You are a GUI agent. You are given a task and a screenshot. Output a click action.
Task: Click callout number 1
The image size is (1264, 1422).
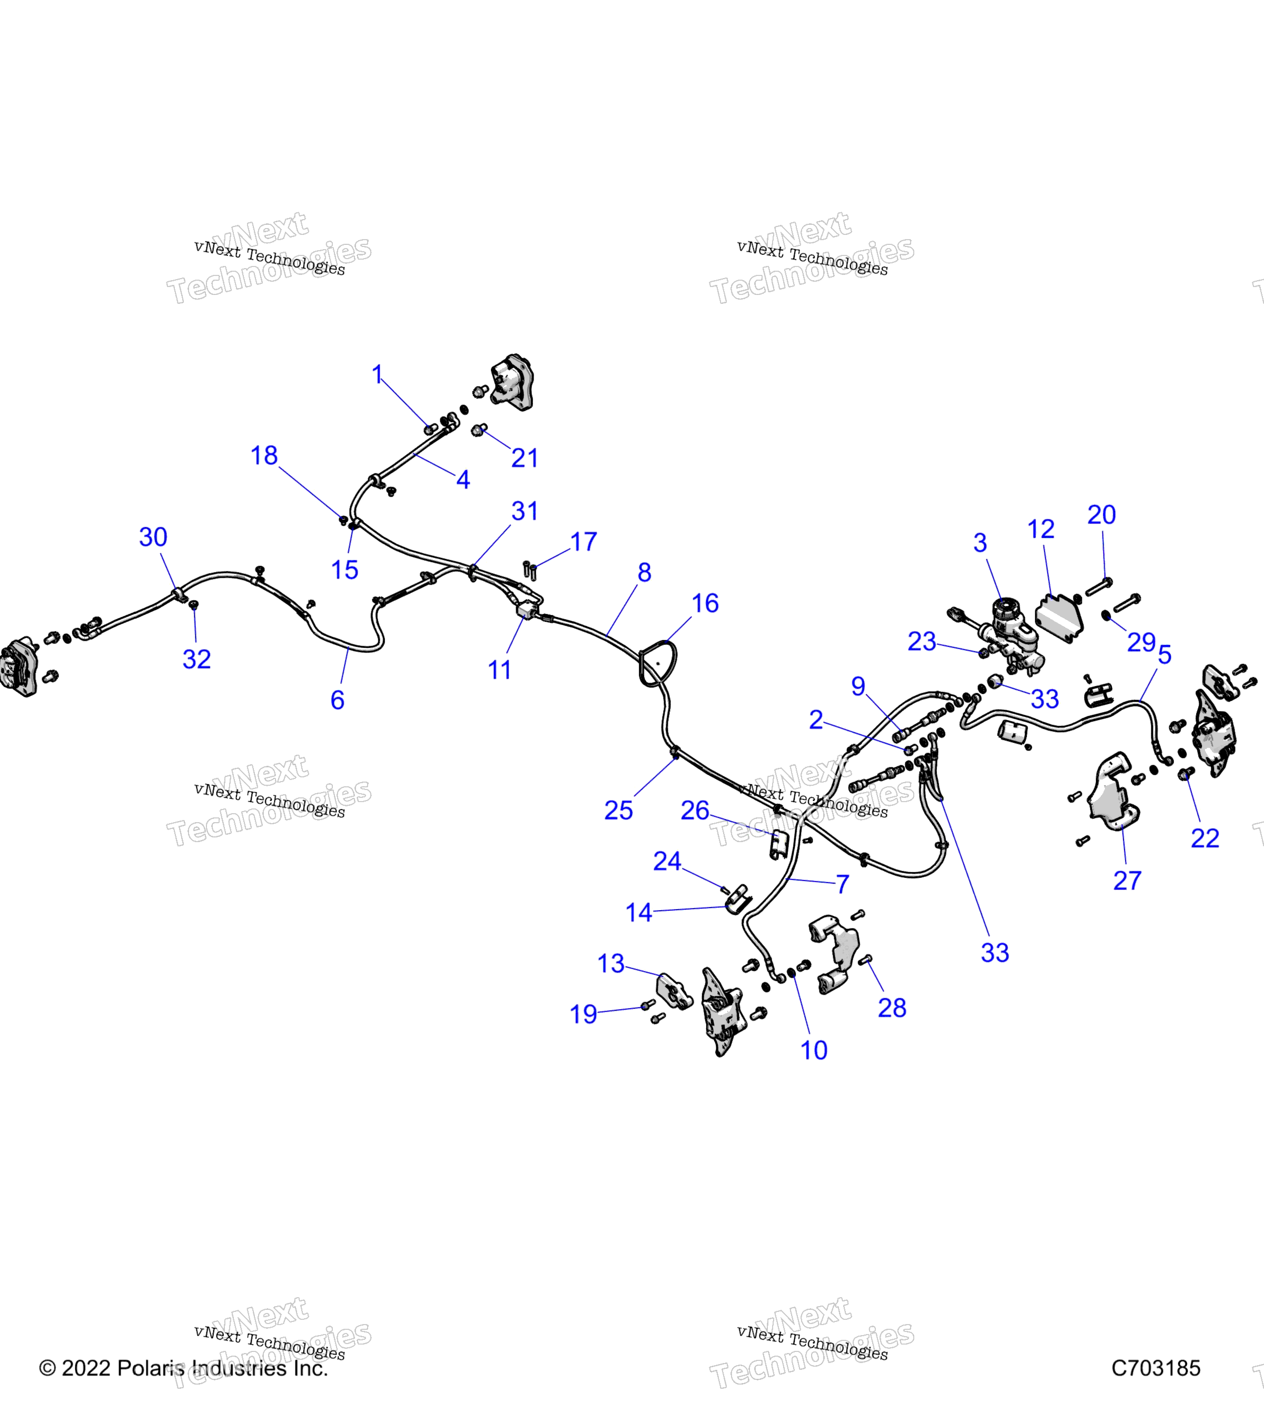[x=377, y=375]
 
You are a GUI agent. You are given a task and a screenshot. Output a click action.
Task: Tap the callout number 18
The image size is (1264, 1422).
[x=264, y=456]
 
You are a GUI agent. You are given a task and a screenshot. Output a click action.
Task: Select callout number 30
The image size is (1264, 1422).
[x=153, y=537]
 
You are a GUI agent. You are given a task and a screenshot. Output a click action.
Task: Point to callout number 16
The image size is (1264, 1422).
[x=705, y=603]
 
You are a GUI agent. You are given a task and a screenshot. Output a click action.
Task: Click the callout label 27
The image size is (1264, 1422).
[x=1128, y=881]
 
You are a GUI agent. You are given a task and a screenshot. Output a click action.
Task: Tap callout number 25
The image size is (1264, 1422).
[x=618, y=811]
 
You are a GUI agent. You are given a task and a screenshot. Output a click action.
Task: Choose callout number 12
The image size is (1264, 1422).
[x=1041, y=529]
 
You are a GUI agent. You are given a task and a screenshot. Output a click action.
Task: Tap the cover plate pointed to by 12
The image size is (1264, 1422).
[x=1059, y=618]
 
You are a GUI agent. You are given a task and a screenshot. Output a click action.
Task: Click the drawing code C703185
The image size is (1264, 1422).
[x=1156, y=1368]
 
